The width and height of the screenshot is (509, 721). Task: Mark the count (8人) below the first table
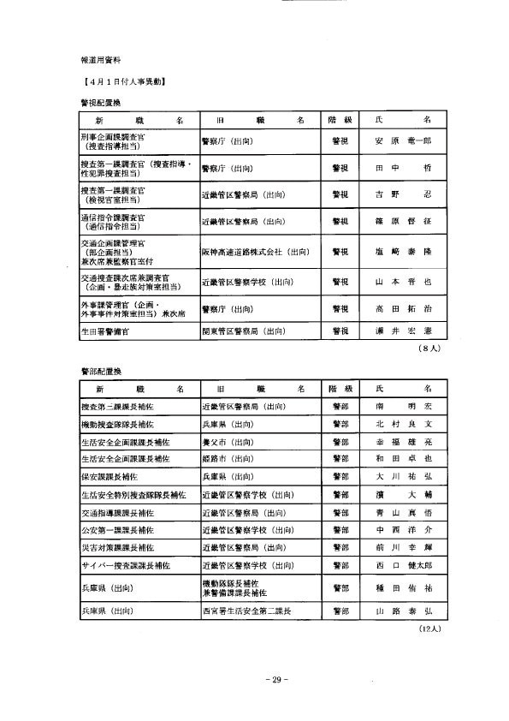coord(428,349)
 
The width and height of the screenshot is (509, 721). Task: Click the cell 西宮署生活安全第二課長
coord(246,611)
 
